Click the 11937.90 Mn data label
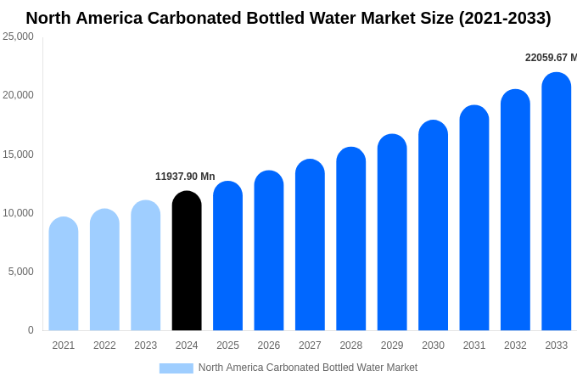click(185, 177)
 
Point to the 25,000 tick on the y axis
click(18, 37)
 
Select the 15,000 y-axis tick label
click(18, 154)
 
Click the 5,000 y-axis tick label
click(20, 272)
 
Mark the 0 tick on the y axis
click(31, 330)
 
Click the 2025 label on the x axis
click(227, 345)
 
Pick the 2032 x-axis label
click(515, 345)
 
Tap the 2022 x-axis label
click(104, 345)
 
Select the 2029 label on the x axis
click(392, 345)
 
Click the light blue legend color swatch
click(176, 368)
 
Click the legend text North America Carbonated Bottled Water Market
click(308, 368)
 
